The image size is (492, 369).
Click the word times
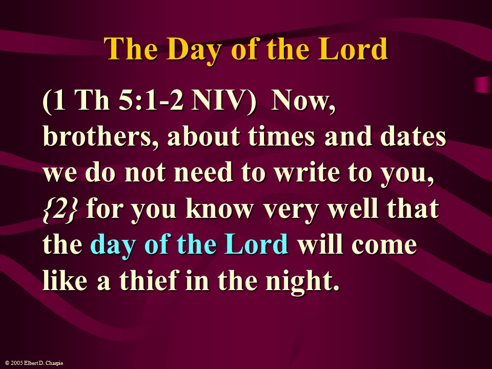pos(281,137)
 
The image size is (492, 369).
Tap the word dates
pos(413,137)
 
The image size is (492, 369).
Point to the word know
pos(219,209)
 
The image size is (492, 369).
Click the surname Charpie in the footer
pos(54,363)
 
